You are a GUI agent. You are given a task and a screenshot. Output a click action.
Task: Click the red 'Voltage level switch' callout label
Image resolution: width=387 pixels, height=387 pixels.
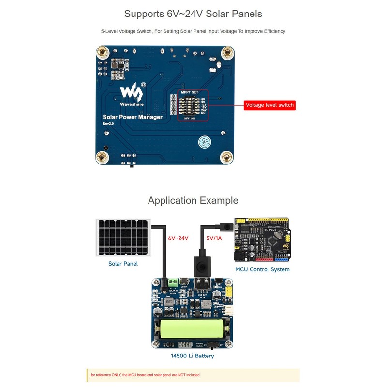[269, 105]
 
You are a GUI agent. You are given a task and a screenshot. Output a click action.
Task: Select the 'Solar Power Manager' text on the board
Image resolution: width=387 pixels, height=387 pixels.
[132, 116]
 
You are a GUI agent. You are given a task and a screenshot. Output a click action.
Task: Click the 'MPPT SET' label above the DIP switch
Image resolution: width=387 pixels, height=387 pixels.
[189, 92]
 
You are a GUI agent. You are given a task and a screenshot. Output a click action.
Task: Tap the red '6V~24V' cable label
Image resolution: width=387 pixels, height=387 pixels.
[178, 238]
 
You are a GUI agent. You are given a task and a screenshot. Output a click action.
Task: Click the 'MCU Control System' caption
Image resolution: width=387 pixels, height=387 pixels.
[262, 269]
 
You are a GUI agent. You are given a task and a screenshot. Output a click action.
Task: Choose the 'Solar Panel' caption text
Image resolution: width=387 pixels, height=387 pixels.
[123, 264]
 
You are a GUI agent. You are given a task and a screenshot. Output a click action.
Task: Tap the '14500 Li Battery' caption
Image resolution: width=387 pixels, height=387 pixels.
[192, 356]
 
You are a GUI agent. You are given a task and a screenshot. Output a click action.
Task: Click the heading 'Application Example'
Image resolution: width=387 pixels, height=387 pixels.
[193, 200]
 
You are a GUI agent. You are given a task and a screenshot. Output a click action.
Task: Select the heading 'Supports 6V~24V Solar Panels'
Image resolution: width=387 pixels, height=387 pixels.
[193, 14]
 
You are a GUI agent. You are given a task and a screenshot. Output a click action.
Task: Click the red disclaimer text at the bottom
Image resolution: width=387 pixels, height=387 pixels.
[145, 375]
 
